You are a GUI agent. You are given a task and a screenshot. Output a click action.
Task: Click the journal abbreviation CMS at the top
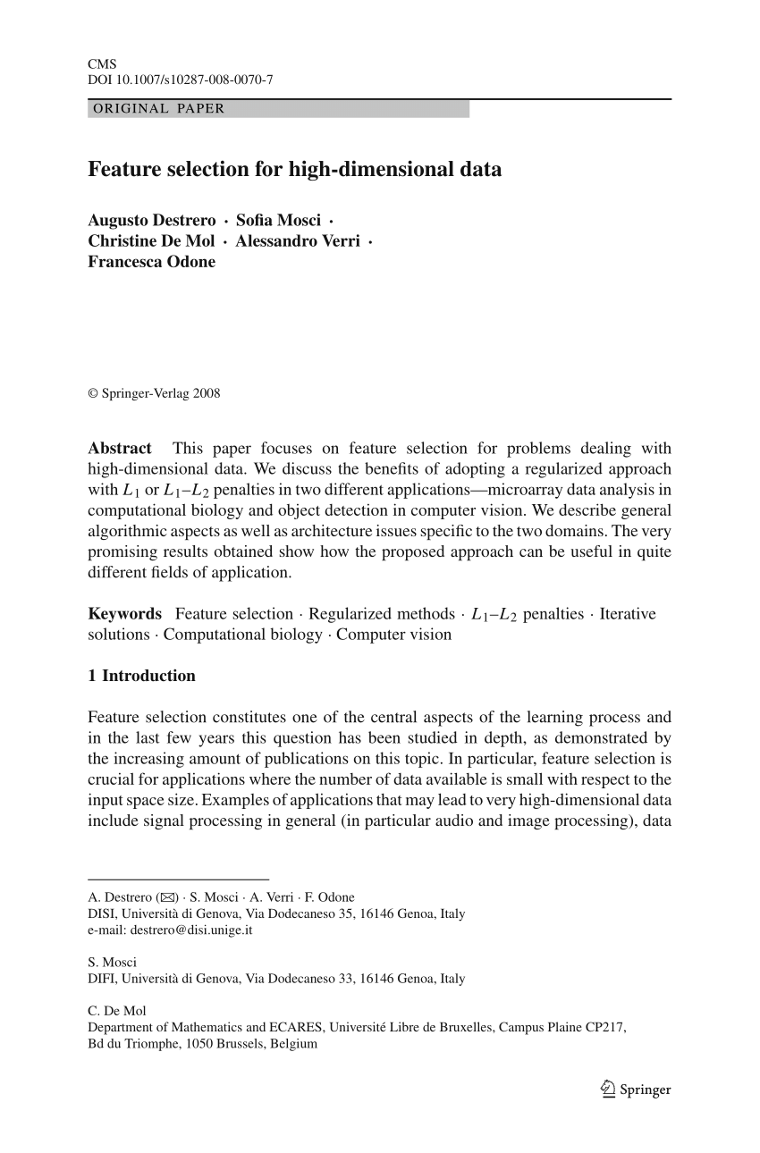[97, 64]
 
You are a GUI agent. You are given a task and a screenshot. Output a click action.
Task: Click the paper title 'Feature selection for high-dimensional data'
[294, 169]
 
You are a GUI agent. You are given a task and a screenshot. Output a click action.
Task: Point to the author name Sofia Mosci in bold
[277, 221]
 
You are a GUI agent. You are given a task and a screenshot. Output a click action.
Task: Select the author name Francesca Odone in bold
[151, 262]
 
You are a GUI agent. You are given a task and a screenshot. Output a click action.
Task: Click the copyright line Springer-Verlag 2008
[154, 393]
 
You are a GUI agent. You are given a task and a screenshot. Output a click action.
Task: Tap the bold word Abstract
[120, 449]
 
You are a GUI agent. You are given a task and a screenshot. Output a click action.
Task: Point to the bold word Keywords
[125, 614]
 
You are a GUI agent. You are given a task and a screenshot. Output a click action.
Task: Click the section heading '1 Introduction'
[141, 676]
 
